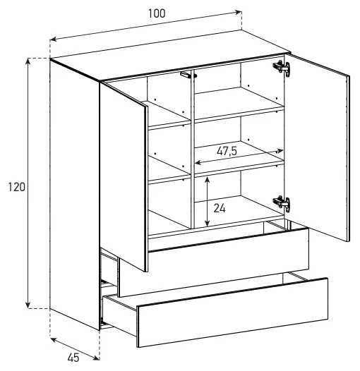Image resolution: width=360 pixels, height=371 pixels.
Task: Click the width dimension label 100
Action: tap(157, 13)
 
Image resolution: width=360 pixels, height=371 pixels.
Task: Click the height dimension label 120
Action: tap(16, 187)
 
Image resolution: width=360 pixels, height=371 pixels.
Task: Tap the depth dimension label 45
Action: tap(73, 358)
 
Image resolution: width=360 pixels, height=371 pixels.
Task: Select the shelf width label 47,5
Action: tap(227, 151)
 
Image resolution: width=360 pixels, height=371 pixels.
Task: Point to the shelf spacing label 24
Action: tap(220, 208)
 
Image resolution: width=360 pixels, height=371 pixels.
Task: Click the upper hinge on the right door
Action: tap(282, 68)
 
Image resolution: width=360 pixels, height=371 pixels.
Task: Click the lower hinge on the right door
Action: tap(282, 203)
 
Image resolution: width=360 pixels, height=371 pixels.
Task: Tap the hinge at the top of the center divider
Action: tap(188, 75)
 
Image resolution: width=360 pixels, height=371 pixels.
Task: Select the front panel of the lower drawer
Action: tap(232, 312)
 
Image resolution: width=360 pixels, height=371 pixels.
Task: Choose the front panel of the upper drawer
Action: tap(214, 262)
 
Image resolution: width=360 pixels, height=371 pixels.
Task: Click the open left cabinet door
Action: tap(124, 177)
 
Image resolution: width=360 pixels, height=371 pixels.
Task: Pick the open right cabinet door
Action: tap(317, 147)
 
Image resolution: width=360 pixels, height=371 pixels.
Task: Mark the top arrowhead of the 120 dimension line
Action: tap(28, 61)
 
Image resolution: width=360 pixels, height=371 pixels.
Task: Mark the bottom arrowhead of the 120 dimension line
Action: tap(28, 305)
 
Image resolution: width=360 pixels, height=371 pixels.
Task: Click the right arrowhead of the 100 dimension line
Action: tap(239, 12)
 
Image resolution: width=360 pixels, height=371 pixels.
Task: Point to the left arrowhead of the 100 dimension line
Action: tap(54, 39)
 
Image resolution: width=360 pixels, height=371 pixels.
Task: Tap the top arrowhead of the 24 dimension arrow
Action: tap(208, 179)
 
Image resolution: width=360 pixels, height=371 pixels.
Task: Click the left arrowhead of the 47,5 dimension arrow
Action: tap(198, 162)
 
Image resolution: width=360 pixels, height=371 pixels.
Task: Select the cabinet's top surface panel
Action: tap(171, 55)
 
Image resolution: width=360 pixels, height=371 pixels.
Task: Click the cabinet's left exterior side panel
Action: tap(75, 195)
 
